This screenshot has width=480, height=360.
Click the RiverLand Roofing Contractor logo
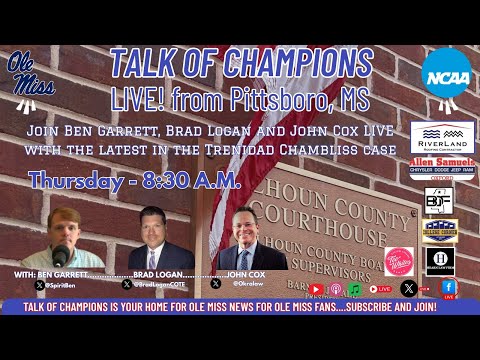click(442, 136)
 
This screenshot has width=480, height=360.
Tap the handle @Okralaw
click(246, 284)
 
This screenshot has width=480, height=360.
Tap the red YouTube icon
click(316, 289)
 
